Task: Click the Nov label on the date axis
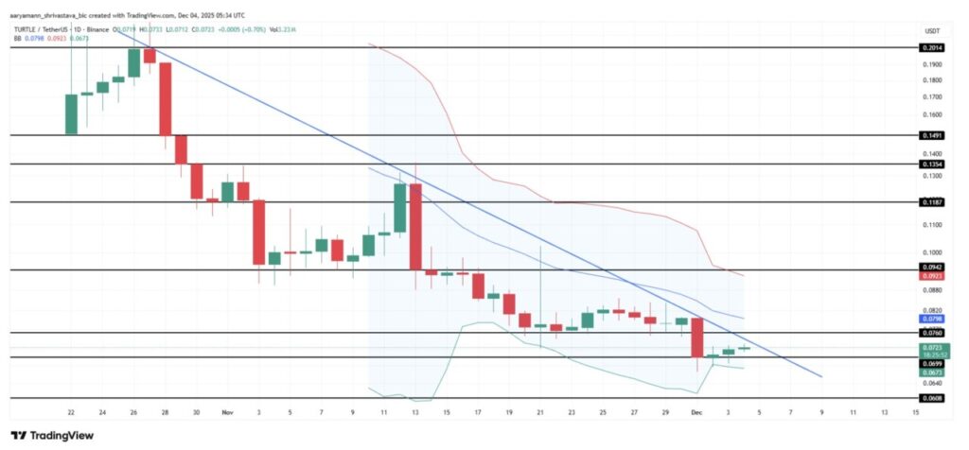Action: tap(227, 413)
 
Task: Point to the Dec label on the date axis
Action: tap(696, 413)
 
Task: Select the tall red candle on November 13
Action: tap(415, 226)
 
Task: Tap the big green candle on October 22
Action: tap(71, 114)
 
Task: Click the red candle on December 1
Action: tap(697, 338)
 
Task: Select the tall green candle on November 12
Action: tap(400, 207)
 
